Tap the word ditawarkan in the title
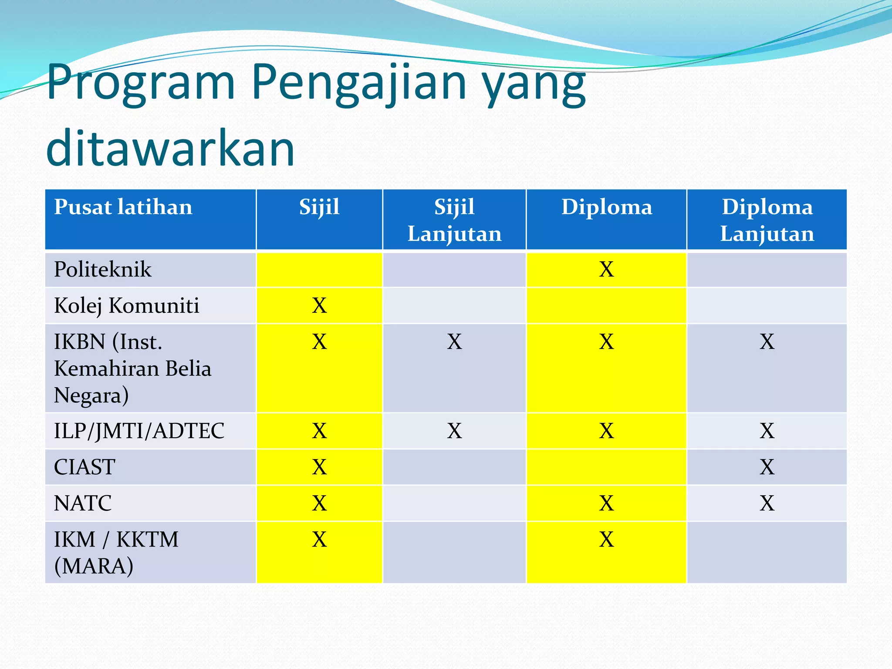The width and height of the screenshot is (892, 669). point(171,148)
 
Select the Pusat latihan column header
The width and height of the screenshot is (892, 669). point(123,207)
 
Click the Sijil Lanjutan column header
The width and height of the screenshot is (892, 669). point(454,220)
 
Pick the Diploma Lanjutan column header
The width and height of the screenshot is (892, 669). point(767,220)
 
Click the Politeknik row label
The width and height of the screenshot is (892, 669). point(103,269)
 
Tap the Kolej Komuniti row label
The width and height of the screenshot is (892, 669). point(126,305)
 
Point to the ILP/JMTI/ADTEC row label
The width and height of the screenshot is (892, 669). point(139,431)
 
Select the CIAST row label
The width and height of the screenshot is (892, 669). point(84,467)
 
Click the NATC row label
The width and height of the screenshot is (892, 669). point(83,503)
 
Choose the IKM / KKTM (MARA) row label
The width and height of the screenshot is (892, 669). point(116,552)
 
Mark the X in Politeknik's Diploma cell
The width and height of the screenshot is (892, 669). point(606,269)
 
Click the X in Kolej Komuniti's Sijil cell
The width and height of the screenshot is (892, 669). point(319,305)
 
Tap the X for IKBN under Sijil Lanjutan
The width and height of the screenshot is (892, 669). point(454,342)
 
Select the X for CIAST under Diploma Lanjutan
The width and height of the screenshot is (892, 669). point(767,467)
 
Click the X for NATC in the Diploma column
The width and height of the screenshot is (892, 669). point(606,503)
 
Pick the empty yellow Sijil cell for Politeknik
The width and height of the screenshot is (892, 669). point(319,269)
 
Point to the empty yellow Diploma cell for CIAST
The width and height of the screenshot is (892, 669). point(606,467)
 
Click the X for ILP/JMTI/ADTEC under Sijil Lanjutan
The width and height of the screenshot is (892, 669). point(454,431)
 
